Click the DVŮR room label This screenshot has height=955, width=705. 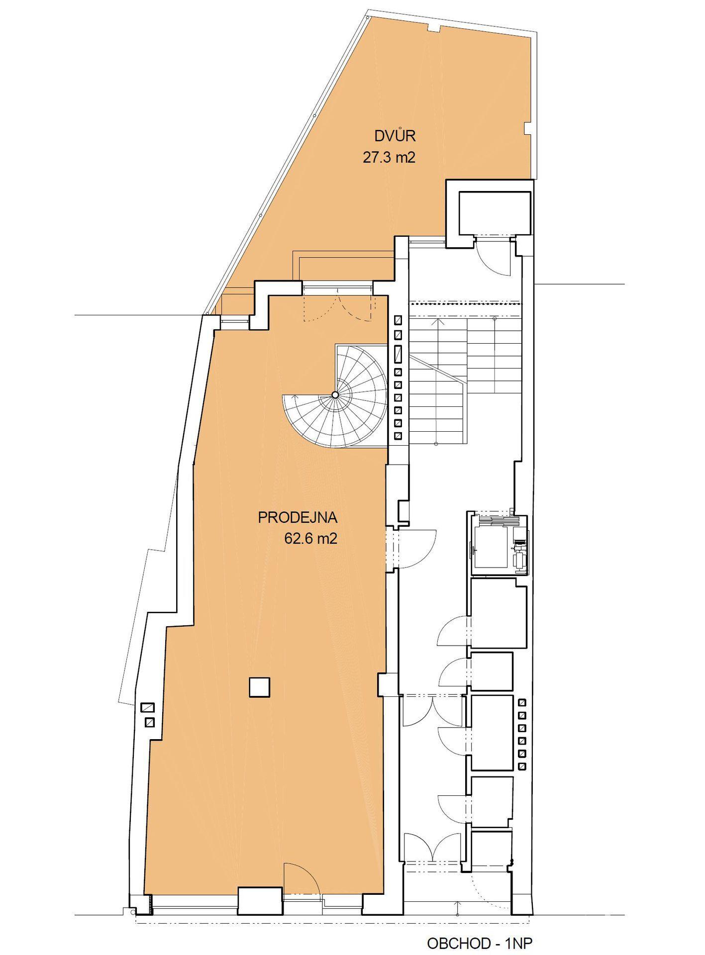tap(395, 135)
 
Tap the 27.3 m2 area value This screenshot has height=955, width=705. tap(389, 158)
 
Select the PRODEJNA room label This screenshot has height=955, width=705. tap(298, 518)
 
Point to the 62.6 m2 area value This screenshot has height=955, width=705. tap(310, 539)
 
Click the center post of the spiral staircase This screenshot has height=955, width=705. tap(335, 394)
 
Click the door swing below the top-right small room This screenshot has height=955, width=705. tap(493, 256)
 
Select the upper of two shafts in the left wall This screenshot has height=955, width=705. tap(147, 707)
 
